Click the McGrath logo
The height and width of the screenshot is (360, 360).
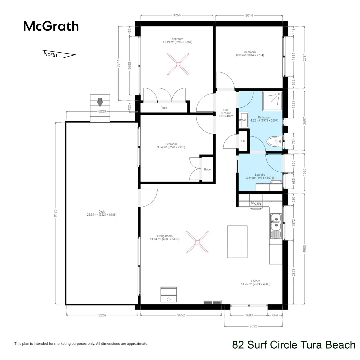pos(51,26)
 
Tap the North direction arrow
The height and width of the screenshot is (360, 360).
pos(59,54)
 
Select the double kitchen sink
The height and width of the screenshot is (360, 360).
pos(276,222)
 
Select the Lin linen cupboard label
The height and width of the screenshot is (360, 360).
pos(243,141)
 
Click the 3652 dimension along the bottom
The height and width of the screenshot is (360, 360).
pos(181,315)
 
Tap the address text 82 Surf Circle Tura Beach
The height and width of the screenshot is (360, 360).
pos(294,345)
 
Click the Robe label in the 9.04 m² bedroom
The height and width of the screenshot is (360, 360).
pos(207,169)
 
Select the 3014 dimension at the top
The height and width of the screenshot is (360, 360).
pos(249,15)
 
